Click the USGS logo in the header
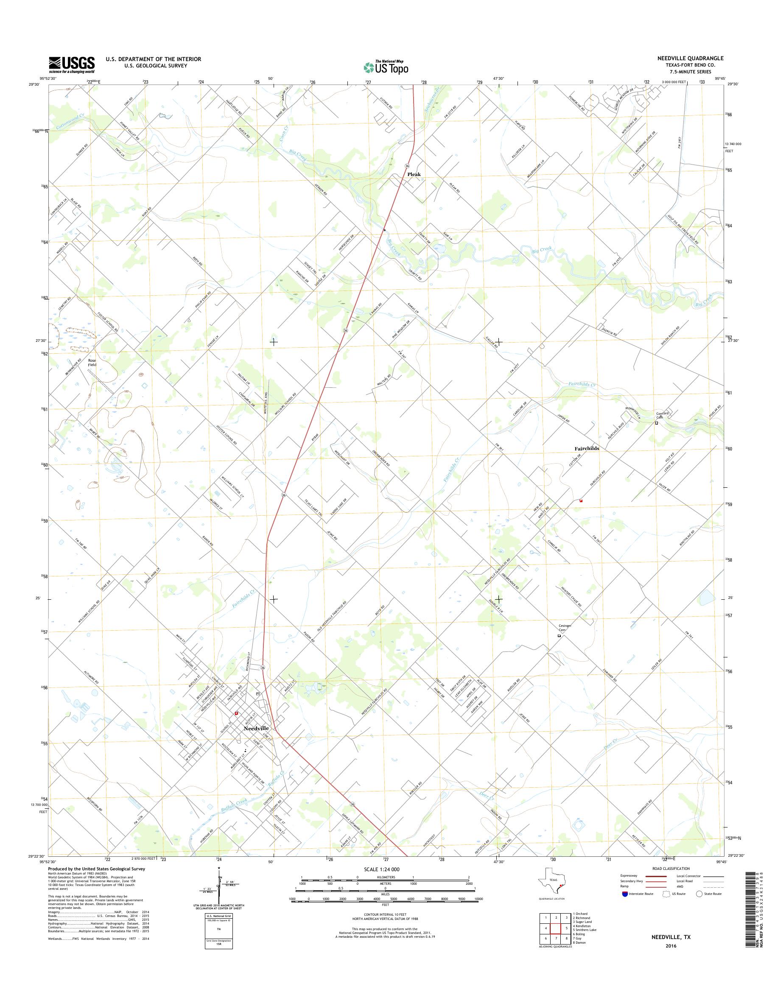(71, 64)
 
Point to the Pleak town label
(414, 174)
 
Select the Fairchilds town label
(587, 448)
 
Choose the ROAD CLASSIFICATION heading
(671, 868)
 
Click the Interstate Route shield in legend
(625, 894)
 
